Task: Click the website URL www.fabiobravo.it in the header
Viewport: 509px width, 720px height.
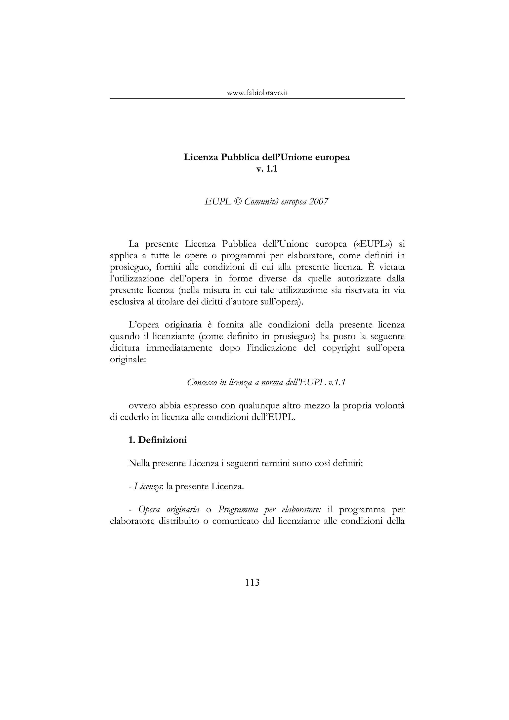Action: coord(257,93)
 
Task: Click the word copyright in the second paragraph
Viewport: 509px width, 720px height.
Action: coord(341,348)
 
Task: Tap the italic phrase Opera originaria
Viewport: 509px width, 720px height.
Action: coord(169,510)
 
